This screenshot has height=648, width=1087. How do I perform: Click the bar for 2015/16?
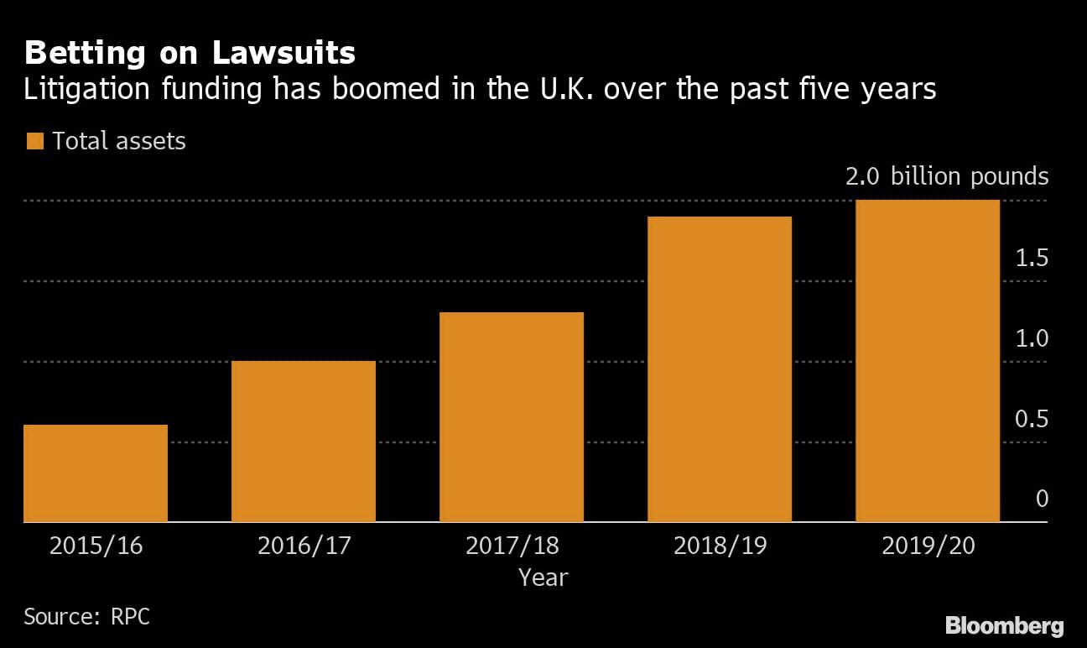tap(96, 473)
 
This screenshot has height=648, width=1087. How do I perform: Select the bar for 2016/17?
tap(304, 442)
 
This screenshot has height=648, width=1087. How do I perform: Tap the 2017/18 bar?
tap(512, 417)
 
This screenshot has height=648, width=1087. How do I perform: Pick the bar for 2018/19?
tap(720, 369)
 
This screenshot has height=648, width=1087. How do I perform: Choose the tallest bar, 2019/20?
tap(928, 361)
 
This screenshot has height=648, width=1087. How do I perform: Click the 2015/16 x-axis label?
tap(96, 546)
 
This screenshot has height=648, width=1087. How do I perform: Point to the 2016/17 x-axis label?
tap(304, 546)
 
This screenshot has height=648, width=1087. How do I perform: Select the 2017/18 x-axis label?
tap(512, 546)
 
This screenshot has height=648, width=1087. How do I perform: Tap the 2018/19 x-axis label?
tap(720, 546)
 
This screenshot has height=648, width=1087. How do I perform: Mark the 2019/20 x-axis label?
tap(928, 546)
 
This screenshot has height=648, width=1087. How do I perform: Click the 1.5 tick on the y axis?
tap(1032, 258)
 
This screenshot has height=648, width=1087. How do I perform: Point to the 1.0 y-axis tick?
tap(1032, 338)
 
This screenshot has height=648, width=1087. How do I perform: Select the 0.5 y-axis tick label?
tap(1032, 419)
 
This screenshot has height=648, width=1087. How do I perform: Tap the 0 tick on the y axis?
tap(1042, 499)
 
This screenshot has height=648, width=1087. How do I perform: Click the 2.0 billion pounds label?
tap(946, 177)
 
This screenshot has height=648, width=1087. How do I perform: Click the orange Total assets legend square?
tap(34, 141)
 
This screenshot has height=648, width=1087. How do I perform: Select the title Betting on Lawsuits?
tap(190, 54)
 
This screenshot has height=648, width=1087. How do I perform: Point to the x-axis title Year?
tap(543, 577)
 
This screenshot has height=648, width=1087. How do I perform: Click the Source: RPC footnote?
tap(86, 616)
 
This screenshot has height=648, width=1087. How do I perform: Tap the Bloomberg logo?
tap(1004, 625)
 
